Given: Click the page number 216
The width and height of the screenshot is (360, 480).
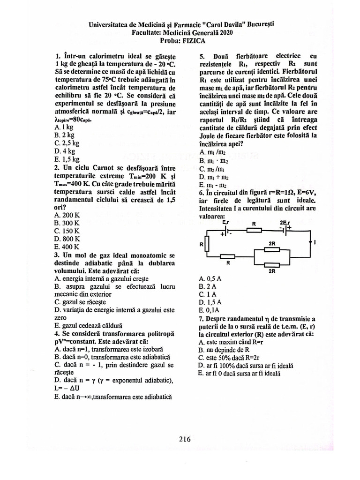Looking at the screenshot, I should (184, 439).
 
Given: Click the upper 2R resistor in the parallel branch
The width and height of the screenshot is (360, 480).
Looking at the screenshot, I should (272, 249).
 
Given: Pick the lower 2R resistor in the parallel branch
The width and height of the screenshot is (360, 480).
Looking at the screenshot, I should (272, 263).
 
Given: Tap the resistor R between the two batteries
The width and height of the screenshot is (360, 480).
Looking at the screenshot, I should (254, 230).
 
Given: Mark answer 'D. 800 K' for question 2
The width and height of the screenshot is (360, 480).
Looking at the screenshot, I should (67, 238).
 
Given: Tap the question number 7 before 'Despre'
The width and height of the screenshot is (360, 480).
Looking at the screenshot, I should (201, 318).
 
